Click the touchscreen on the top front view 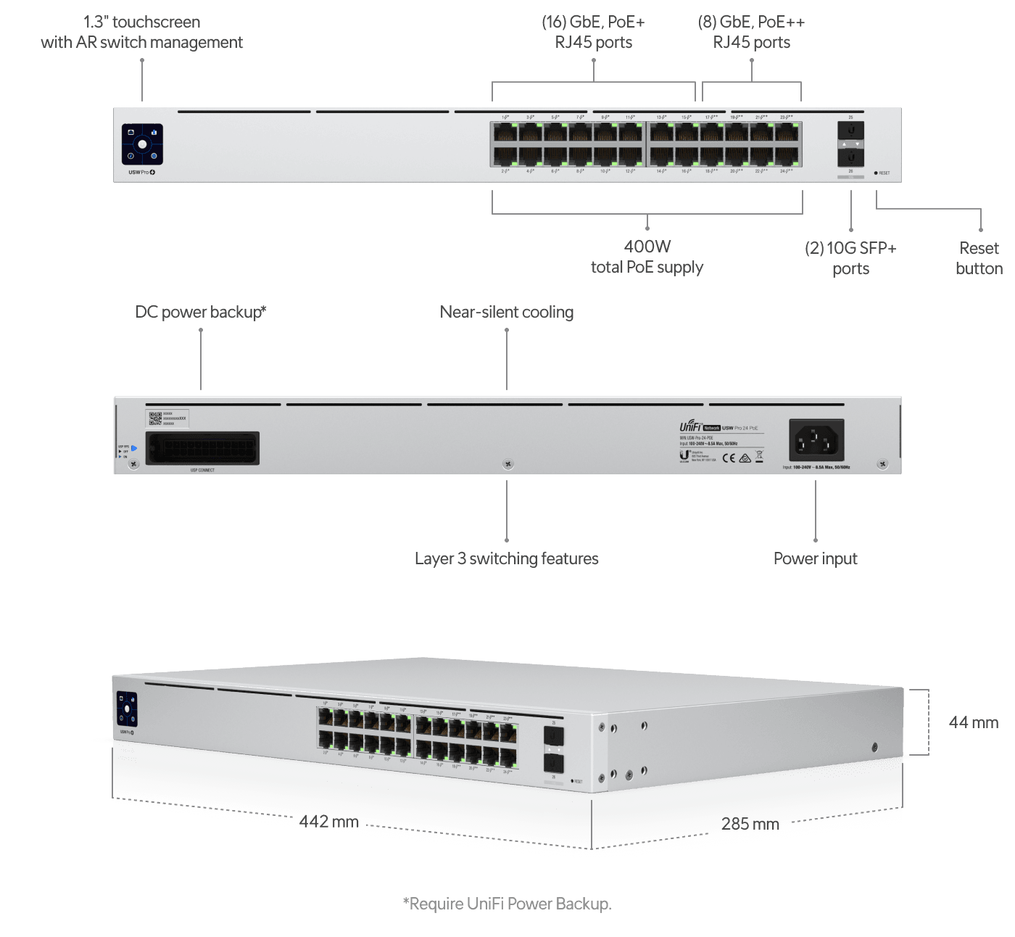142,144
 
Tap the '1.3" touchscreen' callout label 141,33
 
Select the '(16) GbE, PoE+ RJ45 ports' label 593,33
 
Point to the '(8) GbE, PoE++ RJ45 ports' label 751,33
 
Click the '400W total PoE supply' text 647,257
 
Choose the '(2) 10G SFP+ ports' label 850,258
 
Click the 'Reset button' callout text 979,258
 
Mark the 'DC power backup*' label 201,313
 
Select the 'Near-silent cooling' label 507,313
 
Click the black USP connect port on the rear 202,448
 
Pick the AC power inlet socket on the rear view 816,439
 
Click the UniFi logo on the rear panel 689,427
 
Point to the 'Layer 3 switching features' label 507,559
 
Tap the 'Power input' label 816,559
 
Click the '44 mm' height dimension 973,722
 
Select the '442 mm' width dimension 329,822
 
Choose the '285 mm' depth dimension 750,823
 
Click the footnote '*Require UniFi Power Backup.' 507,904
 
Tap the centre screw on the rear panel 508,464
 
